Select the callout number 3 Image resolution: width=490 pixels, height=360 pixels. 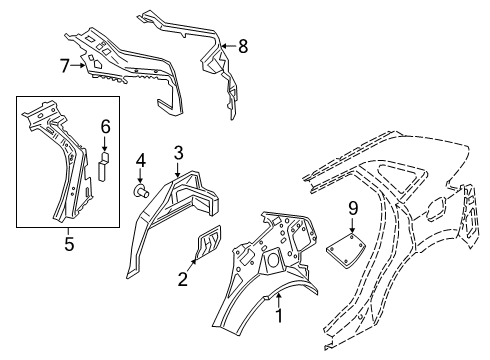tap(177, 152)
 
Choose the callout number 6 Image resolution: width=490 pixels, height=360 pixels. tap(104, 125)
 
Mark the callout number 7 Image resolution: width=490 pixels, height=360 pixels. tap(65, 67)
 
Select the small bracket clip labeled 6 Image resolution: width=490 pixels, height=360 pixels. tap(102, 164)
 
